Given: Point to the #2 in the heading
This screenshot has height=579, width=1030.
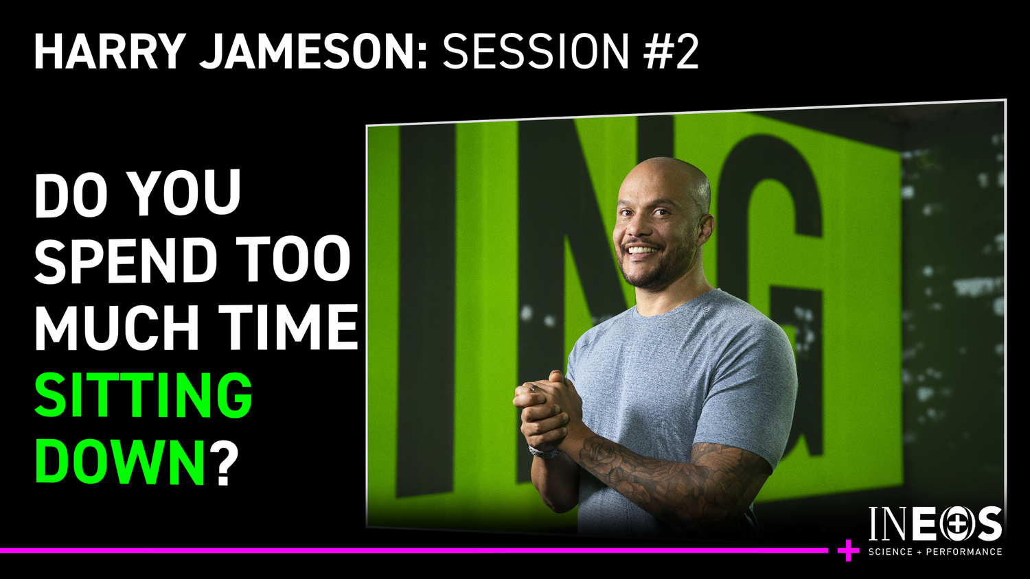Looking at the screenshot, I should (x=671, y=51).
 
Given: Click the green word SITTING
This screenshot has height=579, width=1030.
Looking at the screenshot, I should (x=144, y=396).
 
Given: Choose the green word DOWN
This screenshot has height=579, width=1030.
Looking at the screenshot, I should (x=121, y=463).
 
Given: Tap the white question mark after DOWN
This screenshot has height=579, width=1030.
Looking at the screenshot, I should (x=223, y=463).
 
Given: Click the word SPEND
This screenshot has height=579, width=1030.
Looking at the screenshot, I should (x=126, y=261).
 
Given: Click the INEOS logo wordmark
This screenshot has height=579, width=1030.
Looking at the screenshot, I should (x=935, y=525).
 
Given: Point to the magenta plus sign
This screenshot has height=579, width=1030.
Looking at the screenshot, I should (x=849, y=550).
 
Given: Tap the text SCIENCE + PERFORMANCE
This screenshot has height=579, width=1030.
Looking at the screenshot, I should (x=935, y=552).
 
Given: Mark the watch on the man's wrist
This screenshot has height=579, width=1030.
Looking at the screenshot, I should (x=544, y=452).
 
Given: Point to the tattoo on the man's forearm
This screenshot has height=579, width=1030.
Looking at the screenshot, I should (x=659, y=473).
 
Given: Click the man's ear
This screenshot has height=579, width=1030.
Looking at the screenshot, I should (x=705, y=230).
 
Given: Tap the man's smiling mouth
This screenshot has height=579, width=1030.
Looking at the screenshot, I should (x=642, y=250).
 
